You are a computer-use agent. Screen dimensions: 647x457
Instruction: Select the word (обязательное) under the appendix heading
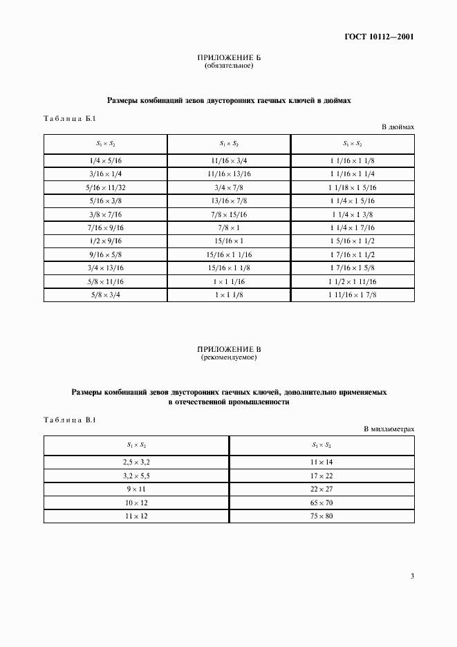pos(229,66)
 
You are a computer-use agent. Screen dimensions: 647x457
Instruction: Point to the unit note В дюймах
pos(398,127)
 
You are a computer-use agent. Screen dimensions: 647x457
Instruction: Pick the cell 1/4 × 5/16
pos(105,160)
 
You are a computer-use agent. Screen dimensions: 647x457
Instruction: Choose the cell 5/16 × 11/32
pos(105,187)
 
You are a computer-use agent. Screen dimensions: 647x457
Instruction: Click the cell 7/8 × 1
pos(229,227)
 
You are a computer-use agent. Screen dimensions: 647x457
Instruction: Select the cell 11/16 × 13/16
pos(229,174)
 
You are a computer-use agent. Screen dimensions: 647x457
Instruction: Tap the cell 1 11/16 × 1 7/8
pos(353,294)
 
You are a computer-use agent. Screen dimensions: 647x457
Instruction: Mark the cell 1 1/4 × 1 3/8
pos(353,214)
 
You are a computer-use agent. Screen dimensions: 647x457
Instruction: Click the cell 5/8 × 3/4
pos(105,294)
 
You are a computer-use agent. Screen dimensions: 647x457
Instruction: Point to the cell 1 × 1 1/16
pos(229,281)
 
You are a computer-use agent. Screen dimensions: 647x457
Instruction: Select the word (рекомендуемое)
pos(229,359)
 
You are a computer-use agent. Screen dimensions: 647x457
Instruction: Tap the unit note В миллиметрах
pos(389,429)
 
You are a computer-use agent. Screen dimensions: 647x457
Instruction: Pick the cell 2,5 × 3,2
pos(136,462)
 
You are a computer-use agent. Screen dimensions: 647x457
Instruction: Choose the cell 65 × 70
pos(321,502)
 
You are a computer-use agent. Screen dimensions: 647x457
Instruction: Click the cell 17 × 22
pos(321,476)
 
